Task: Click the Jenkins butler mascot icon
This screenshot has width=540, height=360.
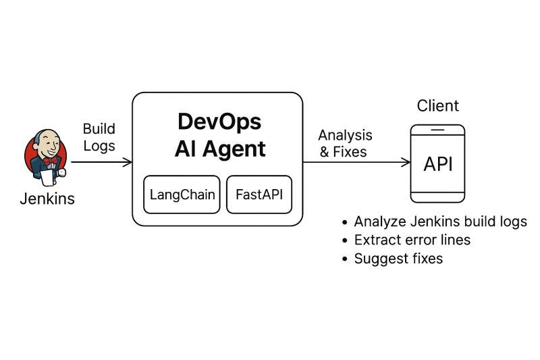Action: (45, 158)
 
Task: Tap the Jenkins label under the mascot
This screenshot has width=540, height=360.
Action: (47, 199)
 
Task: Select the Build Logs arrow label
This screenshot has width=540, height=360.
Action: (99, 137)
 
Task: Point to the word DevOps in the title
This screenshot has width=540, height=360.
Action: (219, 122)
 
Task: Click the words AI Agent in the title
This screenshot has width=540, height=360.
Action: (219, 149)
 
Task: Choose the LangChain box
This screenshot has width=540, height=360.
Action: (182, 195)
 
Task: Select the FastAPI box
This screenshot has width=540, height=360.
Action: (259, 195)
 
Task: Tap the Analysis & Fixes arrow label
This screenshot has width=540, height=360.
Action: (345, 143)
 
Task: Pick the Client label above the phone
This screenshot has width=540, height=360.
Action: (437, 106)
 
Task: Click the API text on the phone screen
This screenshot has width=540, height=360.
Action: (437, 163)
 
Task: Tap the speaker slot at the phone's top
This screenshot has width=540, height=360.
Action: (437, 130)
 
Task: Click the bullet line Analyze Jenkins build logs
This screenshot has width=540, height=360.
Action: (440, 222)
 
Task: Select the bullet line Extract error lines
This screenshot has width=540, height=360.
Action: (412, 240)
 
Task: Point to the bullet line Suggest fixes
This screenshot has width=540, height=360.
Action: (398, 258)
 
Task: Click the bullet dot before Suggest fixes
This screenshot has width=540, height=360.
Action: (346, 259)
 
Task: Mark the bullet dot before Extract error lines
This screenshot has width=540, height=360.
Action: (346, 240)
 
